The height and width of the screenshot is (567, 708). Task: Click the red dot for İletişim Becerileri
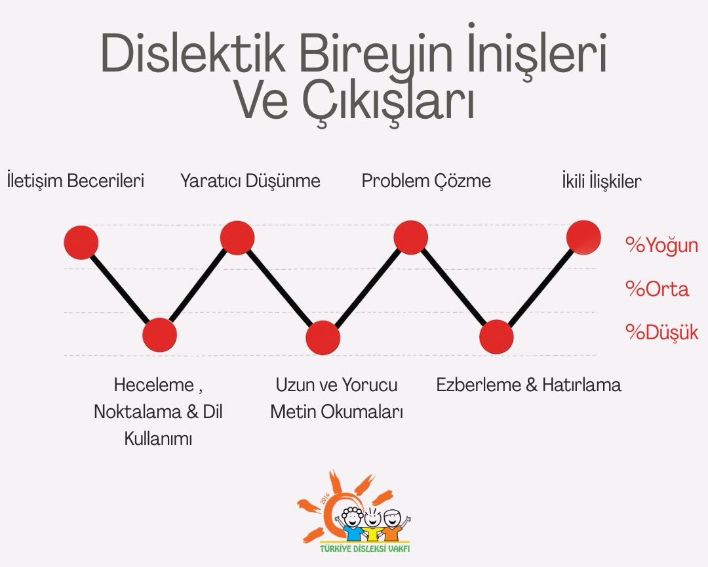[x=81, y=241]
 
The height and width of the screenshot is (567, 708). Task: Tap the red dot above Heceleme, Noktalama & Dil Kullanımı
[x=160, y=335]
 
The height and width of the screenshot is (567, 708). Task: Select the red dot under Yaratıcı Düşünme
[x=237, y=238]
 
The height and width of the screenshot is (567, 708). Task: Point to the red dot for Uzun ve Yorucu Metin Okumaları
[x=323, y=337]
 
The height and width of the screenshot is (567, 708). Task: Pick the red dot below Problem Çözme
[x=411, y=238]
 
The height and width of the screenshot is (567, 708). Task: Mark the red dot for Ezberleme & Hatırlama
[x=496, y=337]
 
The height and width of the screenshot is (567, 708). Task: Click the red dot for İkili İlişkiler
[x=583, y=237]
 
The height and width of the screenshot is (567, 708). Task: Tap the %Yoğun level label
[x=661, y=245]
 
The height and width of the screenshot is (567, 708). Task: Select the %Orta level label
[x=658, y=289]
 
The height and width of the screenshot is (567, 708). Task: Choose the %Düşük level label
[x=661, y=332]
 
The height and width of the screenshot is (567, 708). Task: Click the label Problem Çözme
[x=426, y=180]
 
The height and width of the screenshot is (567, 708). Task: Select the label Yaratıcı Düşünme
[x=250, y=180]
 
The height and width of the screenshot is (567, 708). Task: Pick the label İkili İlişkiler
[x=601, y=180]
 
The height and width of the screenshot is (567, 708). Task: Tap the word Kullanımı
[x=158, y=439]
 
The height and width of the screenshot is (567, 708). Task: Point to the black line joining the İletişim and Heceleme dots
[x=121, y=289]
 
